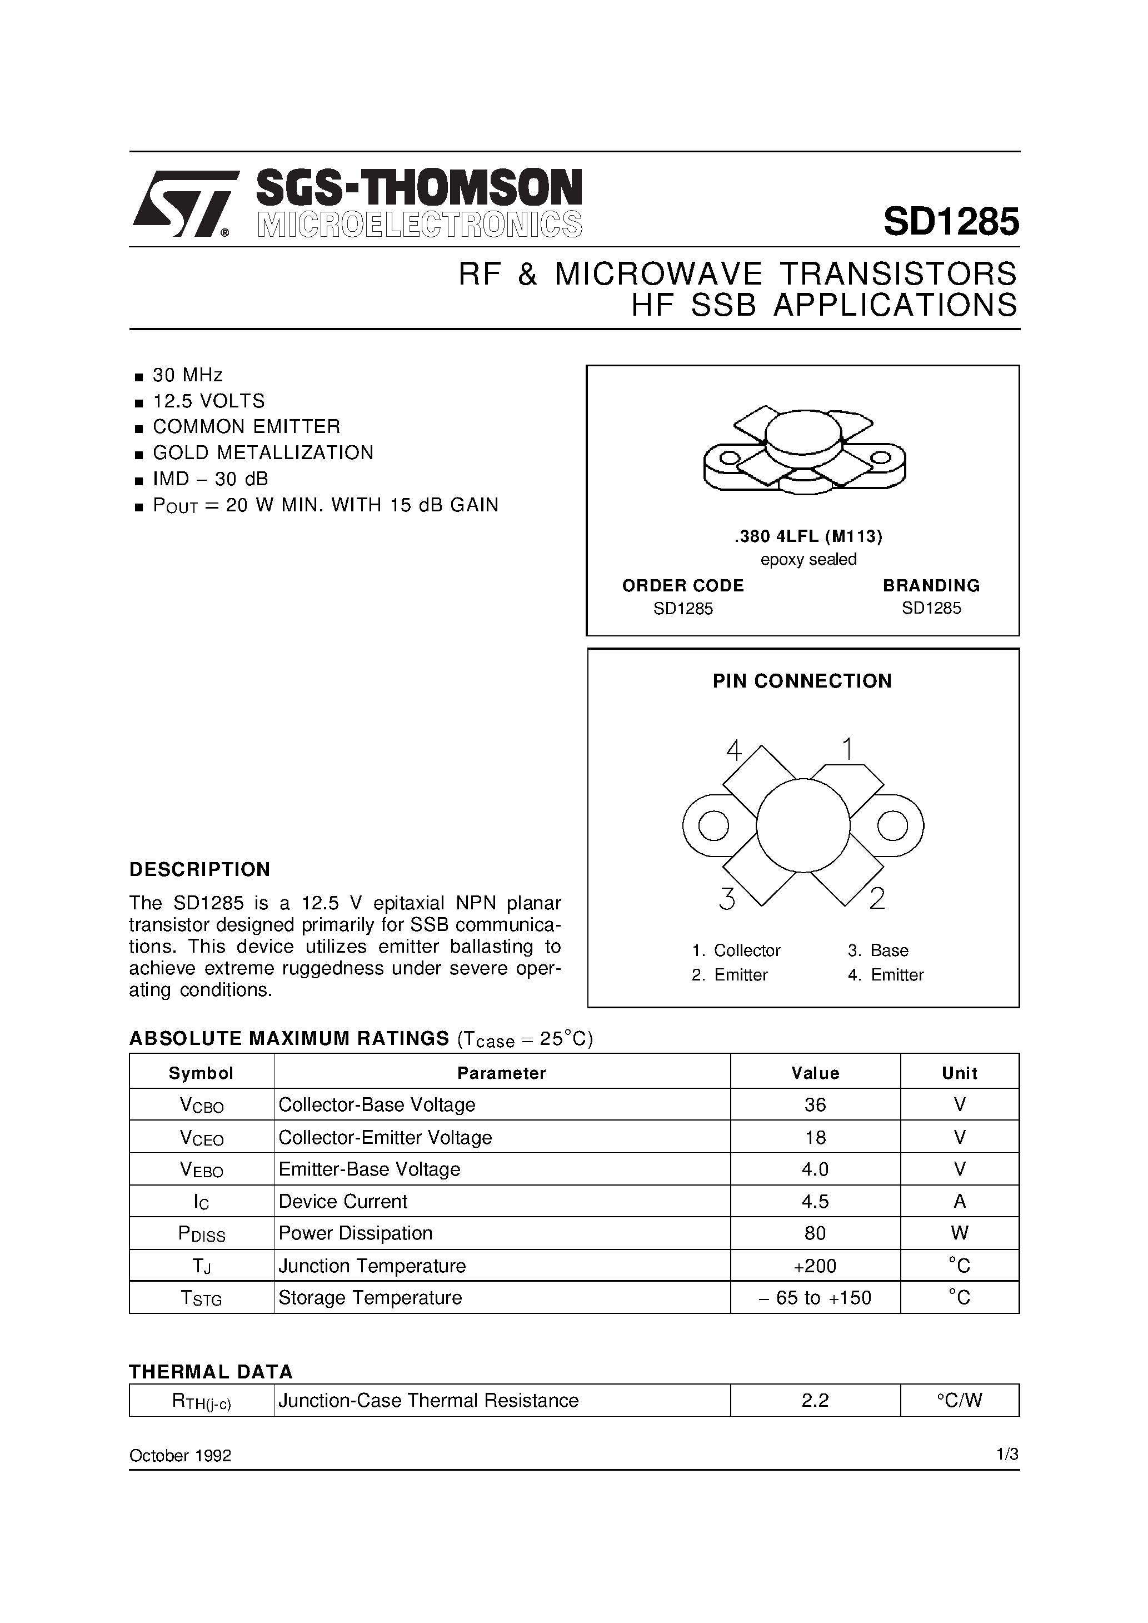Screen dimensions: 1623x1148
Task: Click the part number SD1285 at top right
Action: point(950,222)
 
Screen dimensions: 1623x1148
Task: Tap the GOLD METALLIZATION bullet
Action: point(262,452)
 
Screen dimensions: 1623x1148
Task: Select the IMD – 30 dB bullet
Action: point(210,479)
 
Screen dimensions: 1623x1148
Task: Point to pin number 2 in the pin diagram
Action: point(877,898)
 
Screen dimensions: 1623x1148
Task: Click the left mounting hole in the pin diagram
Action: point(713,825)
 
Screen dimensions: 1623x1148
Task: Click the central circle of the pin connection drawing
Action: point(803,825)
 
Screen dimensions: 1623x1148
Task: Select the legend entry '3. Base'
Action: point(878,950)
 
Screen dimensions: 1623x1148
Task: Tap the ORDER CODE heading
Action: point(683,585)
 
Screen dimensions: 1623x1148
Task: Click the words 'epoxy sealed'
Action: point(808,559)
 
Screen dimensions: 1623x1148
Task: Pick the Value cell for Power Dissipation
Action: point(815,1233)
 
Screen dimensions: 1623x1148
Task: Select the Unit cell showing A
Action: point(959,1201)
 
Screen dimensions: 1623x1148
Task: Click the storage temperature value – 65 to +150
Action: point(815,1297)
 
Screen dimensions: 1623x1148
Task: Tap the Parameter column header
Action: point(501,1073)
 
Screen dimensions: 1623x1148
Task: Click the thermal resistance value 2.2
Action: point(815,1400)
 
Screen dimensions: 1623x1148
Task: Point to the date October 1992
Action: point(180,1456)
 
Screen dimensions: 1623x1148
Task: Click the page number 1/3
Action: point(1007,1454)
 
